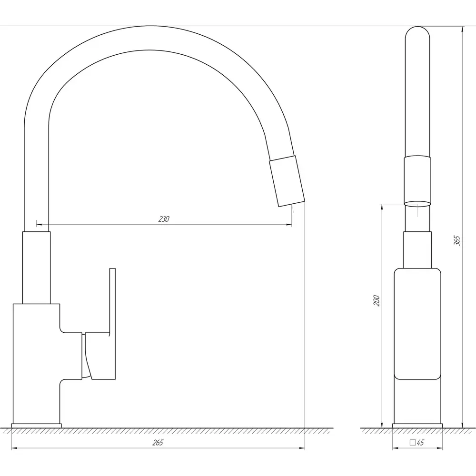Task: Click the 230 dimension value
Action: click(164, 219)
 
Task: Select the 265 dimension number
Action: click(158, 443)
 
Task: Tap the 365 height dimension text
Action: click(457, 240)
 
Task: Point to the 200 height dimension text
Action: click(377, 300)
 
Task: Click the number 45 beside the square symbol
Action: click(420, 443)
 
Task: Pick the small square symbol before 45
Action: click(413, 442)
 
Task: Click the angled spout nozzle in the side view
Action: click(287, 181)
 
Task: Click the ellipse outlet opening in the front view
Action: click(417, 204)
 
